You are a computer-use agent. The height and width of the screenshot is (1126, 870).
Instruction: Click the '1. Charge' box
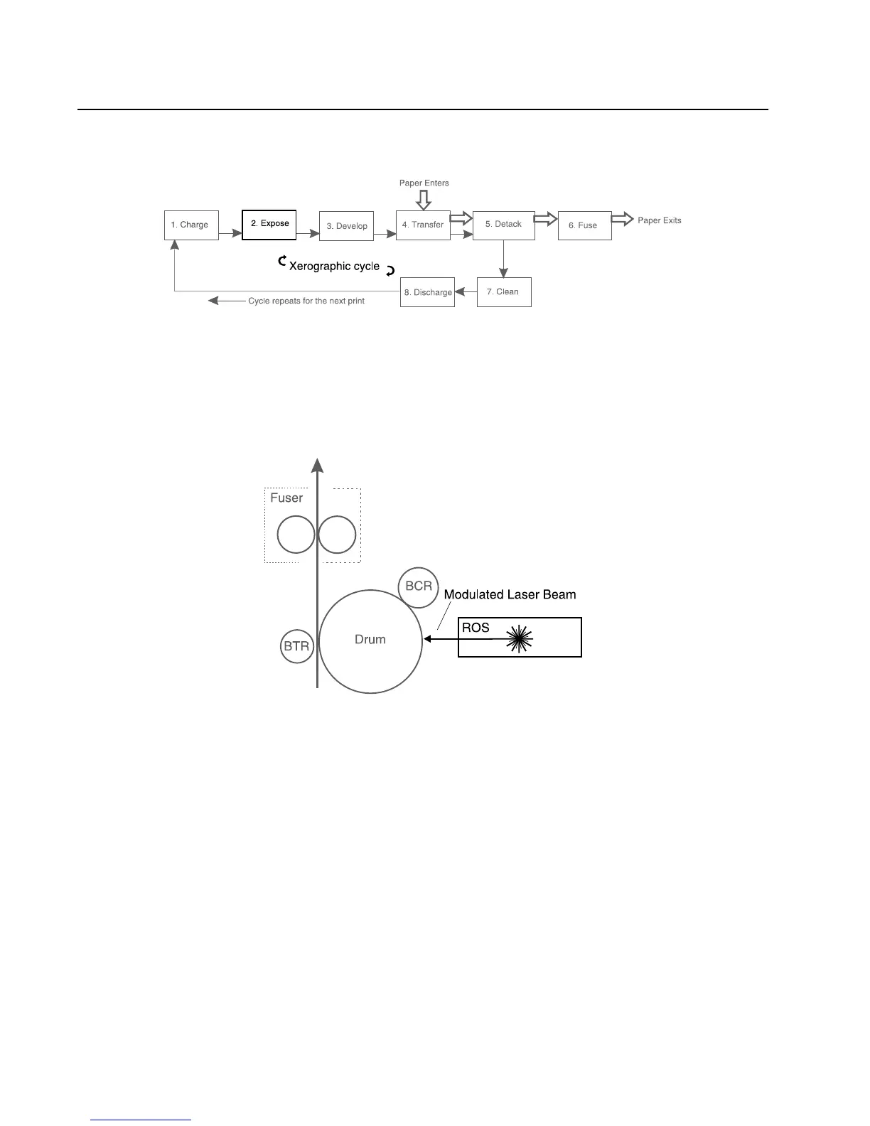[x=191, y=225]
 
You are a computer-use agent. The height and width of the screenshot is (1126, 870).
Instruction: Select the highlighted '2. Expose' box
[x=269, y=225]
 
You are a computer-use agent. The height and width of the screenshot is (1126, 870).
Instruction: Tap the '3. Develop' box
[x=346, y=226]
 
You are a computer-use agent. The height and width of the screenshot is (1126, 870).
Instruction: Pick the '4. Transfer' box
[x=423, y=225]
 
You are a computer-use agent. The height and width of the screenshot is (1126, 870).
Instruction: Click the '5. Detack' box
[x=503, y=225]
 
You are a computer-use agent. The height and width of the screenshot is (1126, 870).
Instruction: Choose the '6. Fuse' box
[x=584, y=225]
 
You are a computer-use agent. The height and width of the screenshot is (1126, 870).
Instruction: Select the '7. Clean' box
[x=503, y=292]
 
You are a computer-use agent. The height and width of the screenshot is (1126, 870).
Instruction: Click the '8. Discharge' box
[x=427, y=292]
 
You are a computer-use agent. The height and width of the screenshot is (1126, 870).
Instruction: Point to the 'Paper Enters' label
[x=424, y=183]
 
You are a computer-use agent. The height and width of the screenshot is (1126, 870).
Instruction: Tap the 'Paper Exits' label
[x=659, y=220]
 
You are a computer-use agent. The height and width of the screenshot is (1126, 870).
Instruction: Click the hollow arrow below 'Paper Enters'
[x=424, y=200]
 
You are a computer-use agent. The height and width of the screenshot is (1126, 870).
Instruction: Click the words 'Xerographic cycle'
[x=334, y=266]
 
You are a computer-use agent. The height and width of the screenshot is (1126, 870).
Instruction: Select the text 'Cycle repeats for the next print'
[x=306, y=301]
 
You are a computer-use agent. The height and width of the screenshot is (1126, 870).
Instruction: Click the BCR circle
[x=419, y=587]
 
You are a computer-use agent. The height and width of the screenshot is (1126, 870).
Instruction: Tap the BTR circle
[x=296, y=646]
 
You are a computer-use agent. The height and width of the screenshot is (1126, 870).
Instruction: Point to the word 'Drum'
[x=370, y=640]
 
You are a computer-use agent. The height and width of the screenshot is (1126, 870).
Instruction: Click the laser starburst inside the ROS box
[x=519, y=638]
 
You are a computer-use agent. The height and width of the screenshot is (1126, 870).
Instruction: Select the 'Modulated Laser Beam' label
[x=510, y=594]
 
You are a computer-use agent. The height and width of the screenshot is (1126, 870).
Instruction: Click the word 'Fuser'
[x=286, y=498]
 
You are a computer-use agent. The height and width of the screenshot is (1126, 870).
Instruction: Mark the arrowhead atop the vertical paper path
[x=318, y=465]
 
